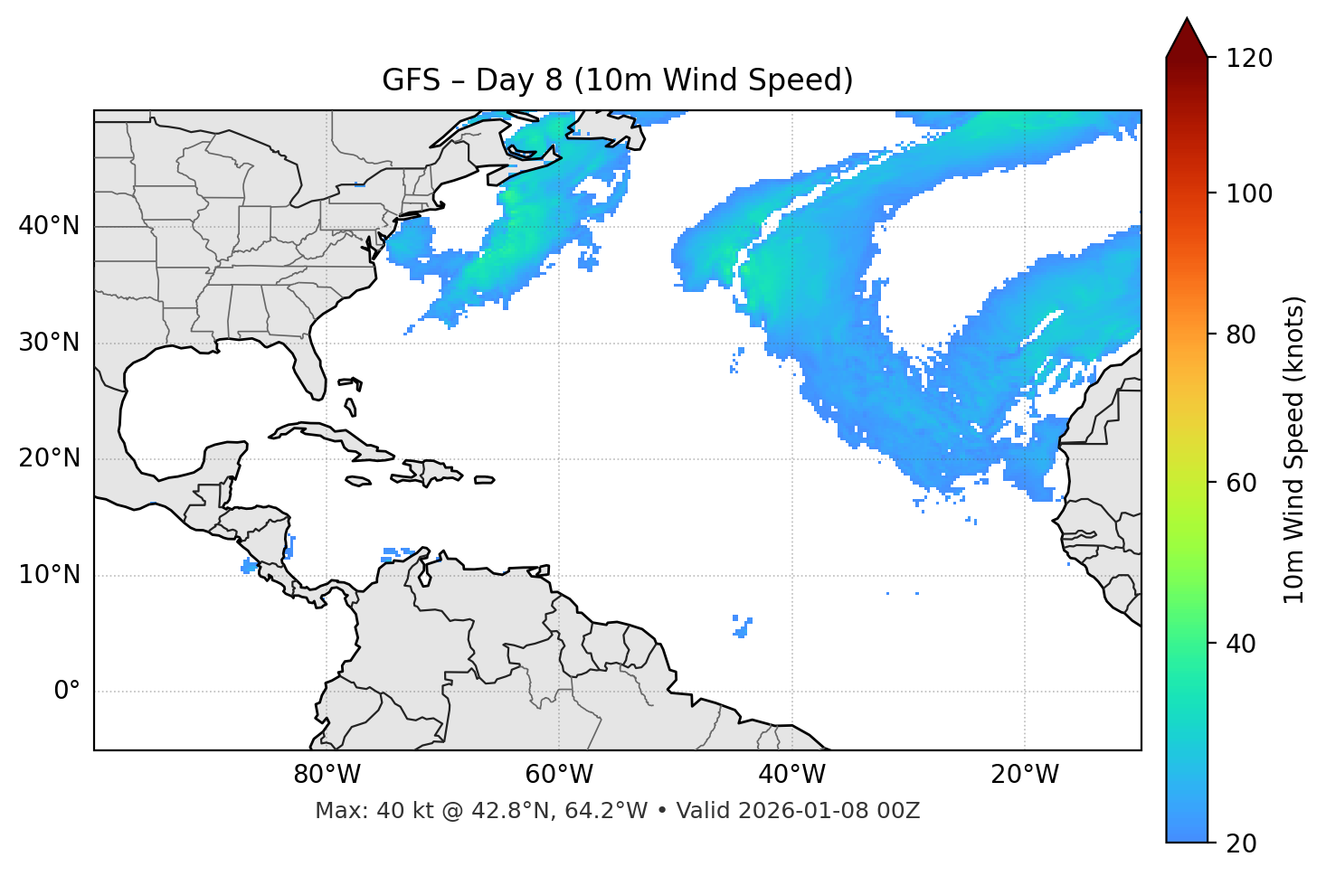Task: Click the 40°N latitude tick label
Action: click(x=49, y=226)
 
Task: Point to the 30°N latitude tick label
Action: click(x=49, y=343)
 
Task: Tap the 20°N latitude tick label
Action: click(x=49, y=458)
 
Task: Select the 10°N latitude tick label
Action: click(x=49, y=575)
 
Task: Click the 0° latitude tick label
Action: click(x=67, y=692)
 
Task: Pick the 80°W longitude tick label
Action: click(x=327, y=775)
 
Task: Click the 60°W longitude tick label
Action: click(x=559, y=775)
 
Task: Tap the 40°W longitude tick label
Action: click(x=791, y=775)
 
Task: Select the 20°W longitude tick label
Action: click(x=1024, y=775)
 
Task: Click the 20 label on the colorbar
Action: click(x=1241, y=843)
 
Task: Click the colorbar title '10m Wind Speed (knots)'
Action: click(x=1293, y=449)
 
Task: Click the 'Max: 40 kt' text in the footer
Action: click(x=357, y=811)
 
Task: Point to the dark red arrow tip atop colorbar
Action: click(x=1187, y=36)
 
